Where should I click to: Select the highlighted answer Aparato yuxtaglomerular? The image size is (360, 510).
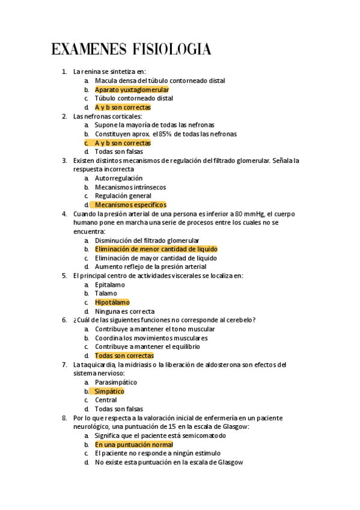pos(132,89)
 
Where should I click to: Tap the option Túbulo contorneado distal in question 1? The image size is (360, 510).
pos(133,98)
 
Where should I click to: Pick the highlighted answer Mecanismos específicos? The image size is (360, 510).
pos(130,205)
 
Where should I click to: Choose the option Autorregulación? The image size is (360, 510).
pos(118,178)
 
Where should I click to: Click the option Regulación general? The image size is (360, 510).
pos(123,196)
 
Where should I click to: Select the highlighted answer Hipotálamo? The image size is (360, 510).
pos(112,303)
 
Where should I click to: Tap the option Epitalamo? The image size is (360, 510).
pos(110,284)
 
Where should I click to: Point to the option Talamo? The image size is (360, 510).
pos(106,293)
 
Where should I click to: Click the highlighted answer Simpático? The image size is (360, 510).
pos(109,392)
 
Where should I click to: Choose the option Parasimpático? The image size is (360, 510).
pos(115,382)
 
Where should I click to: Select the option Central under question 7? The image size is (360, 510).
pos(106,400)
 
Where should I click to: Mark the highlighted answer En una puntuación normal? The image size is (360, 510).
pos(133,444)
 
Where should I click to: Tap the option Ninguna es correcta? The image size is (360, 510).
pos(124,312)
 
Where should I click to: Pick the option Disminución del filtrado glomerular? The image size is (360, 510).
pos(147,241)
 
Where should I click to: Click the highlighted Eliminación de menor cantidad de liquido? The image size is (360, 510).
pos(156,249)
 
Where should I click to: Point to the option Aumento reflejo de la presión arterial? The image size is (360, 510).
pos(150,267)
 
